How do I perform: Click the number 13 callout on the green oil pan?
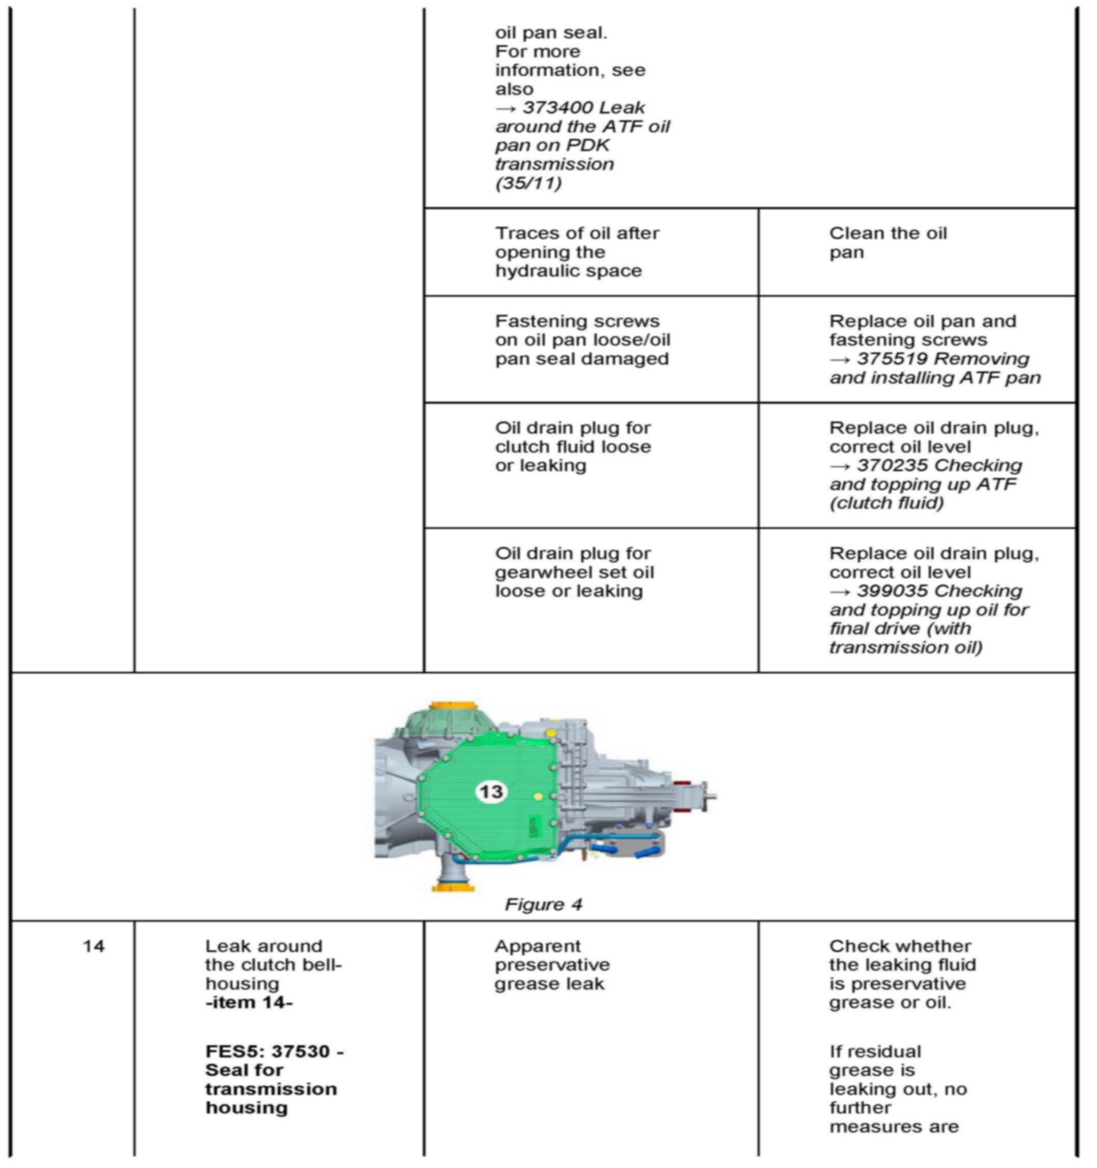point(491,792)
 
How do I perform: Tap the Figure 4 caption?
point(543,904)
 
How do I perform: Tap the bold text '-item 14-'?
point(249,1002)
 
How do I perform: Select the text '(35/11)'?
point(528,183)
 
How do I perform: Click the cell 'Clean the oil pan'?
point(887,242)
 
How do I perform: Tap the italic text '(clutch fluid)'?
point(886,503)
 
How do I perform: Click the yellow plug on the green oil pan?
point(538,797)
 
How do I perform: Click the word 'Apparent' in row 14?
point(537,946)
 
